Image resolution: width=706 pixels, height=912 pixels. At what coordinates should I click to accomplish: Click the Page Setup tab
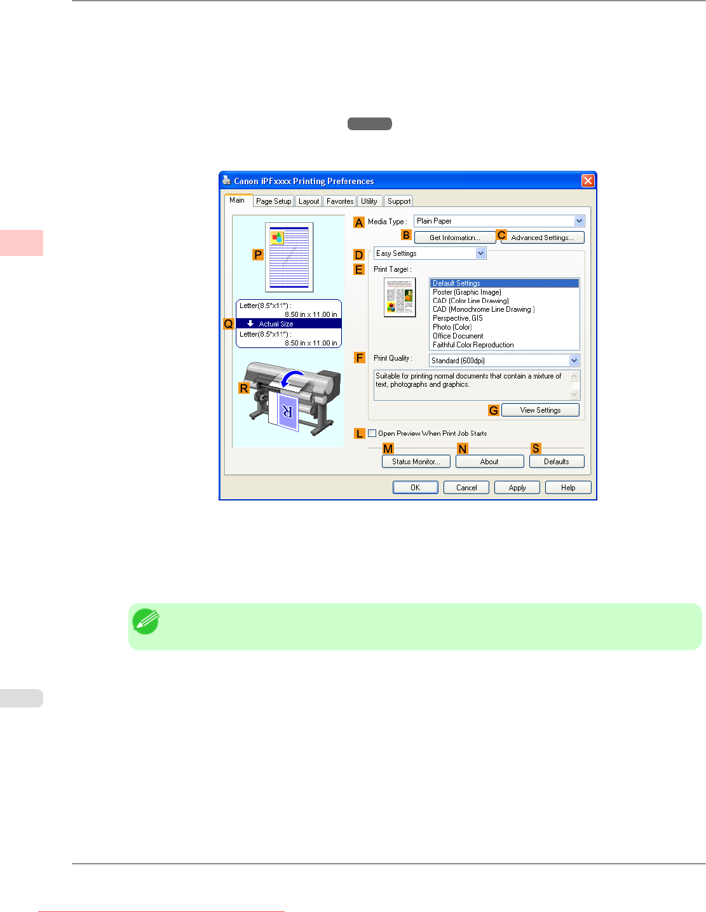coord(273,201)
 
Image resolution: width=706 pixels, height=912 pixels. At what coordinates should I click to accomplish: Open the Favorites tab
coord(340,201)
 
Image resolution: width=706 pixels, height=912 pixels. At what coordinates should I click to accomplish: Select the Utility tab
coord(369,201)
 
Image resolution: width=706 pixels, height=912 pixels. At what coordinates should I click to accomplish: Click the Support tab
coord(399,201)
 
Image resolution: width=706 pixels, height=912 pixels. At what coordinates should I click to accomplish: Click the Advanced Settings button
coord(542,238)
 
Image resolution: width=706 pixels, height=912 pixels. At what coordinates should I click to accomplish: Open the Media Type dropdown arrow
coord(579,221)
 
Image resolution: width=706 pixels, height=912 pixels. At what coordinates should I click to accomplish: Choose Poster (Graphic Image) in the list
coord(467,292)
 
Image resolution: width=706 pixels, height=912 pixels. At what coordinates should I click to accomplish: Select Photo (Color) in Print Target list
coord(452,327)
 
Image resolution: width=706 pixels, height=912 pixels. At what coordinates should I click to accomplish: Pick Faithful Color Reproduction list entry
coord(473,345)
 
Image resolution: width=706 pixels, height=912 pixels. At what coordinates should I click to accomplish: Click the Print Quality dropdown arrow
coord(574,361)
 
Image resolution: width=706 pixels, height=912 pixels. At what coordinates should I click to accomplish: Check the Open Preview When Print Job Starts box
coord(372,433)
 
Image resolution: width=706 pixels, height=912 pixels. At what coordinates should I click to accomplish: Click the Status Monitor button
coord(416,462)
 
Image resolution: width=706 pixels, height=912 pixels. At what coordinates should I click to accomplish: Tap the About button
coord(489,462)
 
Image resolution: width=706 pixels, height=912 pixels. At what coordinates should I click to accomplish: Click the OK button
coord(415,488)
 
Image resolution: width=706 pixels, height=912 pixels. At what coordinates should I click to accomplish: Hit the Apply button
coord(517,488)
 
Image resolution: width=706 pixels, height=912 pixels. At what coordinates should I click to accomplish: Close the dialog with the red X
coord(588,181)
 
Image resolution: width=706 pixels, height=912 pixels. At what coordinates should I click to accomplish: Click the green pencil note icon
coord(146,622)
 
